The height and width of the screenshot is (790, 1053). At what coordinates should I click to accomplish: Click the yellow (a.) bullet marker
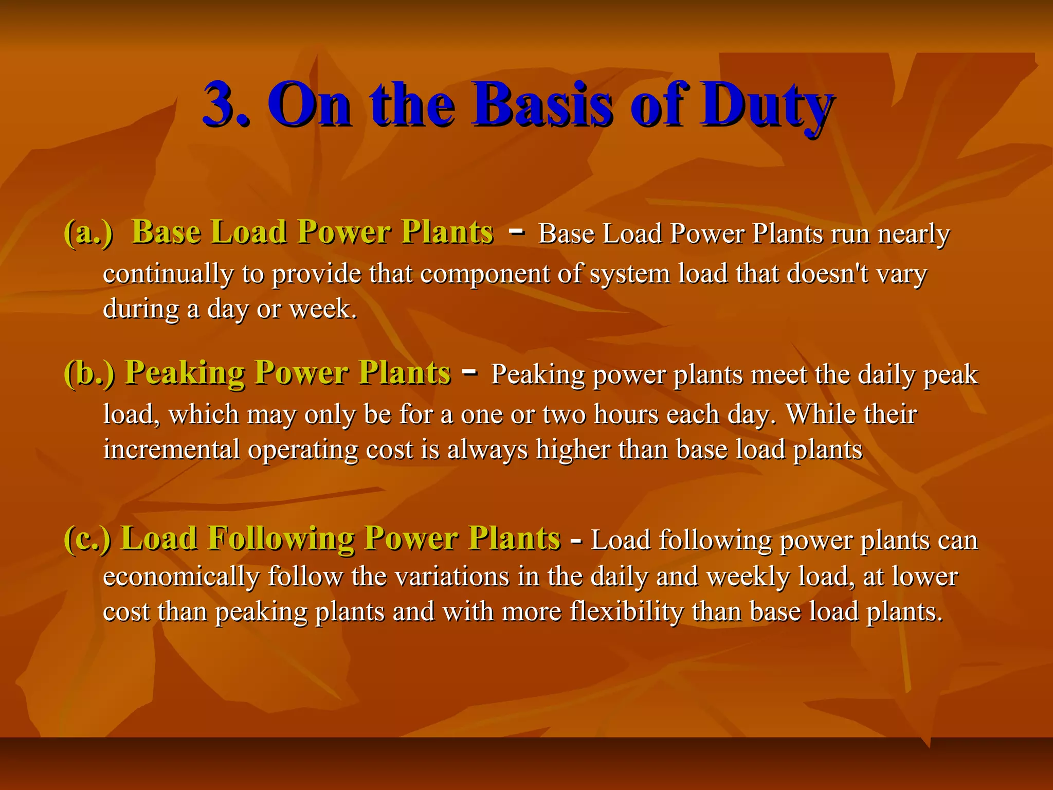coord(88,232)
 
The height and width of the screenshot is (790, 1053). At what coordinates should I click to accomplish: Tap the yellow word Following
coord(281,539)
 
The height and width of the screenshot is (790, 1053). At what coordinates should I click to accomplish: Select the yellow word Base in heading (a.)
coord(166,232)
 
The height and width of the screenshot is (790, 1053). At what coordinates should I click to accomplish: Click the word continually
coord(168,274)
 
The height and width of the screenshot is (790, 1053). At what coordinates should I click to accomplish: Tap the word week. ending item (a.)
coord(323,309)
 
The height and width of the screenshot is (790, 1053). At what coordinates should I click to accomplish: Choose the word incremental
coord(171,450)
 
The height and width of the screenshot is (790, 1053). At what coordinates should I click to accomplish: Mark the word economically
coord(181,577)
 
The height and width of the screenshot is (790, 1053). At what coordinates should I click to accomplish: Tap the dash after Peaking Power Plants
coord(470,371)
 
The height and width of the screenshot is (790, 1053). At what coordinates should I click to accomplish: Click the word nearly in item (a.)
coord(913,235)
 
